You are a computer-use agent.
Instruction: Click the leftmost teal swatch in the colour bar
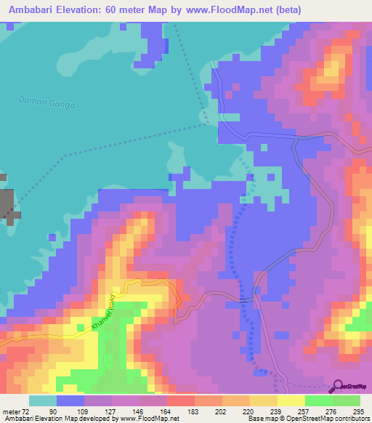42,400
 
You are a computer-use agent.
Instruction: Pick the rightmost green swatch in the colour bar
347,400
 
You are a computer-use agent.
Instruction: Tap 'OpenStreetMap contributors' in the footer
325,419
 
